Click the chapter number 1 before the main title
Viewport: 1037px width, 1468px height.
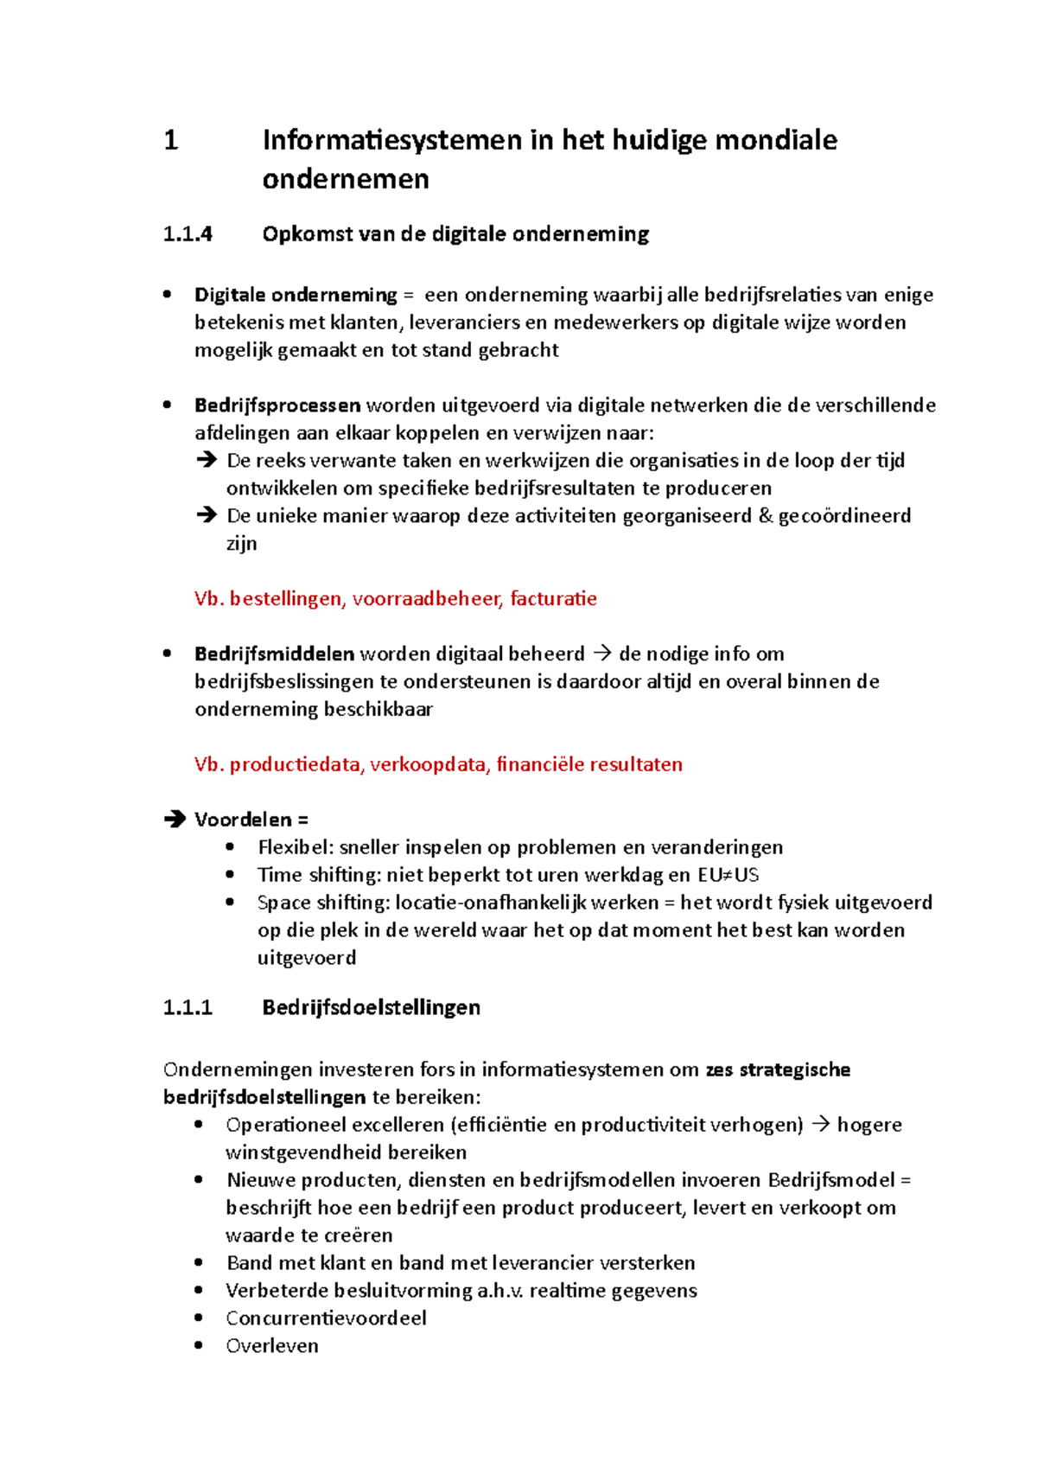coord(171,140)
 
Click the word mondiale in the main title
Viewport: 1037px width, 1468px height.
coord(775,140)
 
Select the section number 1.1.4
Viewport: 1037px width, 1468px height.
coord(188,234)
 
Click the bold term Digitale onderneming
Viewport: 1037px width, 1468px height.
coord(295,295)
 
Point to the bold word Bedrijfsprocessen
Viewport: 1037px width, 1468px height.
coord(277,405)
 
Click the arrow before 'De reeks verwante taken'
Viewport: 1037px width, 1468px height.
coord(206,460)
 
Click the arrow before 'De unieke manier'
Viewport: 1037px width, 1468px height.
coord(206,515)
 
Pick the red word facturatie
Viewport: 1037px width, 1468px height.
coord(553,598)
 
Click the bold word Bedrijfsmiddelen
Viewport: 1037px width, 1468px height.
coord(274,654)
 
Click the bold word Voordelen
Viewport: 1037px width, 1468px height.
coord(243,820)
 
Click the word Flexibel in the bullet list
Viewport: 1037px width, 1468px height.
coord(295,847)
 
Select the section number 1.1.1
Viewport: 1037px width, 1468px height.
coord(188,1007)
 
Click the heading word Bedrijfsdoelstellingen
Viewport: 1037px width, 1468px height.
coord(371,1007)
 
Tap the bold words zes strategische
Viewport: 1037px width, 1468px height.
coord(778,1069)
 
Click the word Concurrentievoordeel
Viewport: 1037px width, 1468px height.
coord(326,1318)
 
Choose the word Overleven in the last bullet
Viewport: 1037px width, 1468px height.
coord(271,1345)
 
